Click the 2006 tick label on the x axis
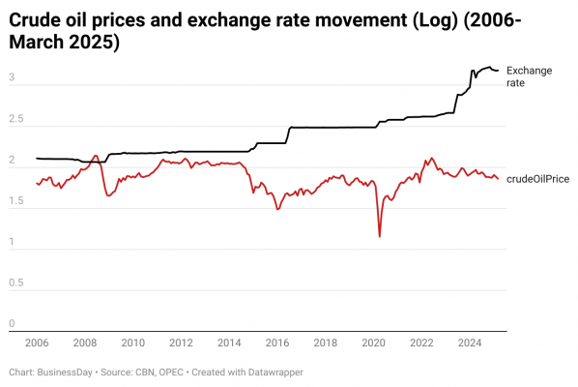[37, 342]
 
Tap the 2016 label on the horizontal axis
[277, 342]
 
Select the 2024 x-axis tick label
[470, 342]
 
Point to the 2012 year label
[181, 342]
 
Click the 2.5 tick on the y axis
[16, 118]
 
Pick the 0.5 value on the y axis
[16, 283]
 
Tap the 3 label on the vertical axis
[12, 77]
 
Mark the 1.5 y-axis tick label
[16, 200]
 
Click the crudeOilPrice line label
[537, 179]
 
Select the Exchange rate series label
[530, 76]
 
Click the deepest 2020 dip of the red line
[379, 236]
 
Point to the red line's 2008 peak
[96, 156]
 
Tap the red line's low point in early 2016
[278, 209]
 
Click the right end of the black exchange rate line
[498, 71]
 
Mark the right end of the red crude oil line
[498, 179]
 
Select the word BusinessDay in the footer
[65, 372]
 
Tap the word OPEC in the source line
[171, 372]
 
